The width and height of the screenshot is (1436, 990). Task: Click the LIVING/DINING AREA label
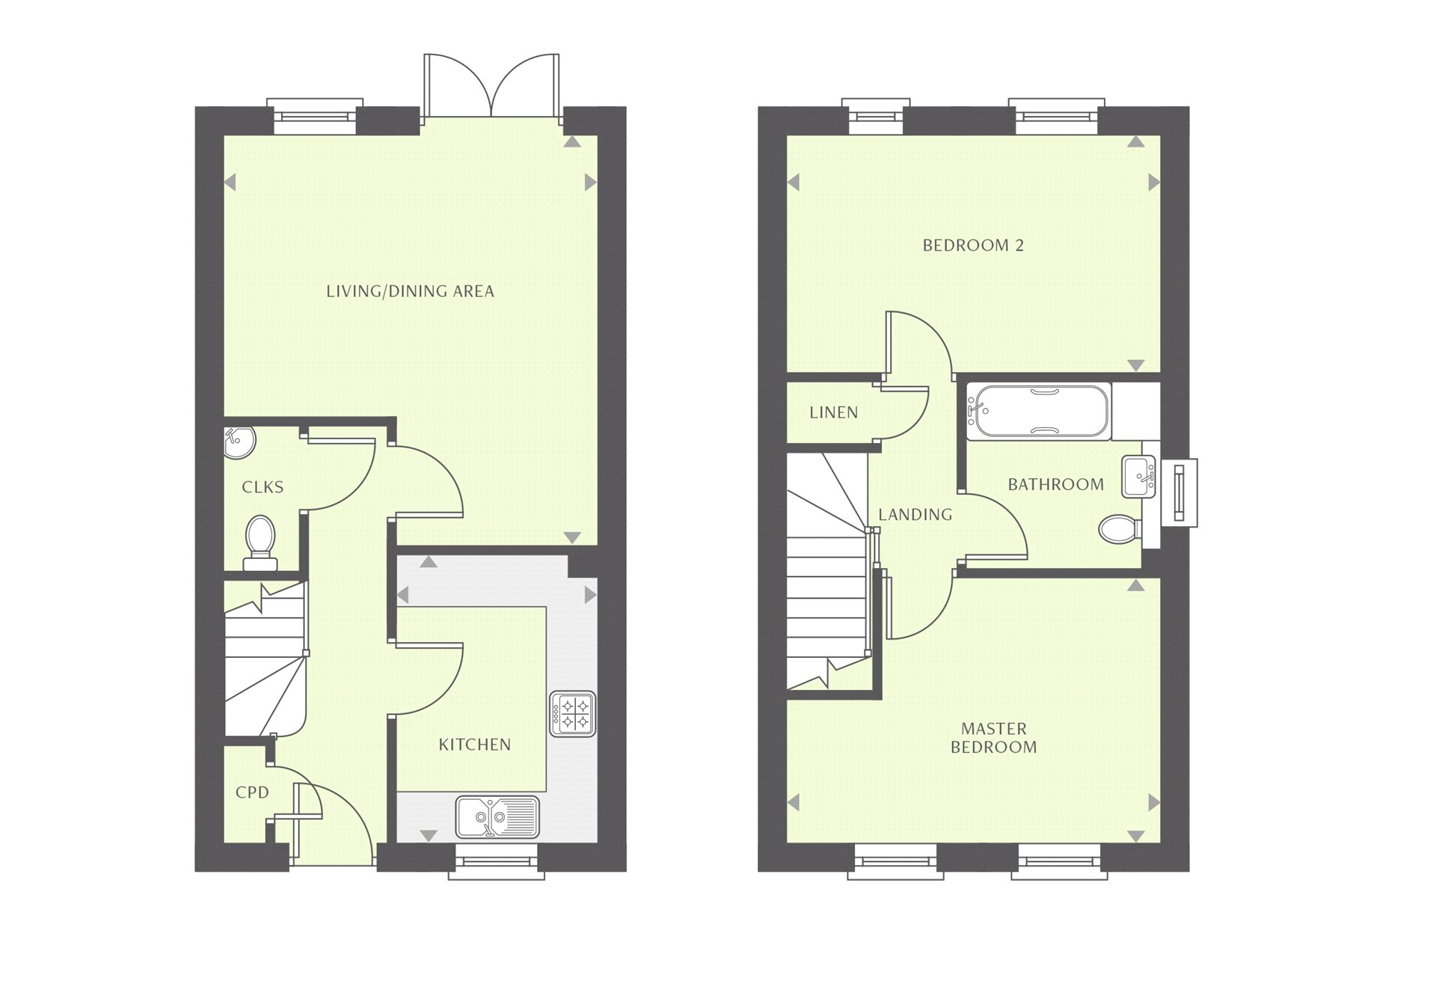(x=410, y=291)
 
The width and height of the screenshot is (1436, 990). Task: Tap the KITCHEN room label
(x=474, y=745)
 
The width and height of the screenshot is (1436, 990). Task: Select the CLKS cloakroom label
(x=263, y=487)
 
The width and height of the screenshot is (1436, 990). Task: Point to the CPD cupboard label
(x=252, y=792)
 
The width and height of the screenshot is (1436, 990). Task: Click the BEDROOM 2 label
(x=972, y=245)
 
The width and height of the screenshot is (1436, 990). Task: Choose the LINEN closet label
(x=833, y=412)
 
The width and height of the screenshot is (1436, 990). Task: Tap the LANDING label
(x=915, y=515)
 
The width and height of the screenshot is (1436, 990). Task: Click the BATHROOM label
(x=1055, y=485)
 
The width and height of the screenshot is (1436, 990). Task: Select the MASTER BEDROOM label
(x=993, y=738)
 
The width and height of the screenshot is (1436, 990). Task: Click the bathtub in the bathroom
(x=1039, y=411)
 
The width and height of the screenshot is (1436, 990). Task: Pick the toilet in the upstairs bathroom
(x=1119, y=529)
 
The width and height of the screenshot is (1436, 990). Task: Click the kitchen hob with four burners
(x=573, y=713)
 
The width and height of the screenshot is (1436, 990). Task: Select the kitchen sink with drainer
(x=497, y=816)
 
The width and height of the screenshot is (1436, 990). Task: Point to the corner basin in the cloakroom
(x=239, y=441)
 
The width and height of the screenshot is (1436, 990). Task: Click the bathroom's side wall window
(x=1179, y=492)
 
